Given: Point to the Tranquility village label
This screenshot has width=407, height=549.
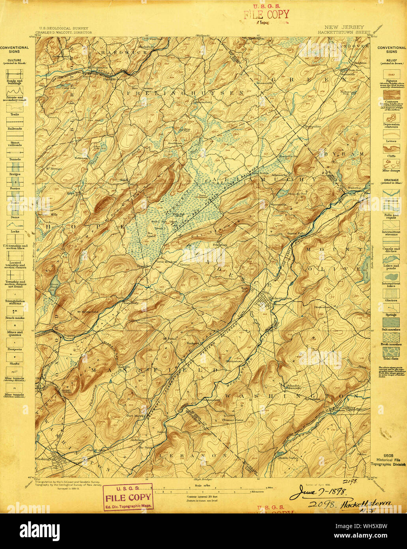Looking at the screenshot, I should click(x=313, y=126).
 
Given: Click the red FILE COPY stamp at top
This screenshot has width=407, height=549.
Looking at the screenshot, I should click(x=266, y=15).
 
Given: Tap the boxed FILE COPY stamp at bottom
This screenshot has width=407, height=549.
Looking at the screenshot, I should click(x=128, y=497).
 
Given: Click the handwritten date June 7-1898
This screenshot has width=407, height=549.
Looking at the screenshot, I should click(x=318, y=493).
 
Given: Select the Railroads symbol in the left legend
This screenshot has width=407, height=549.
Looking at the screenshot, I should click(x=14, y=122).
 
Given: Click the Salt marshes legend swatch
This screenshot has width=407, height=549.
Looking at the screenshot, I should click(x=391, y=322).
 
